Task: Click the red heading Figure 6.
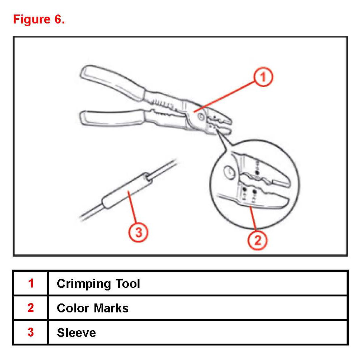click(39, 19)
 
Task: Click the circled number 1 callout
click(263, 77)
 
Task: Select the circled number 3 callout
click(138, 233)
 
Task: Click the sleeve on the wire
click(126, 192)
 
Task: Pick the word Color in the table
click(73, 308)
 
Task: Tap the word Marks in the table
click(111, 308)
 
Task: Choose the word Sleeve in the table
click(76, 332)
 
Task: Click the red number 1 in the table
click(30, 284)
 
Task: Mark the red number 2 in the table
click(30, 308)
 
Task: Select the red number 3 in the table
click(30, 332)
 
